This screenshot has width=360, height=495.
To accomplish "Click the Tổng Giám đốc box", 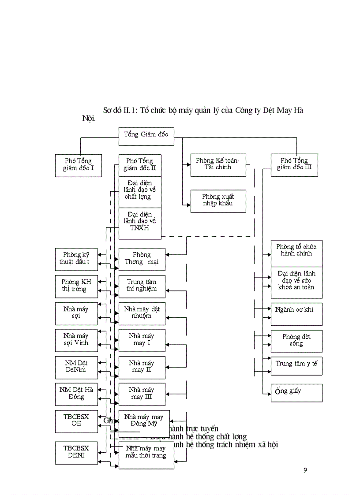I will click(x=146, y=136).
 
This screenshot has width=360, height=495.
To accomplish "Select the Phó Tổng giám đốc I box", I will click(x=79, y=165).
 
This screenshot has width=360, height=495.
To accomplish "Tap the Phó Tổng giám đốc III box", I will click(x=294, y=165).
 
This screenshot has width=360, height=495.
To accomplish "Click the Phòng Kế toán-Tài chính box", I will click(x=218, y=165).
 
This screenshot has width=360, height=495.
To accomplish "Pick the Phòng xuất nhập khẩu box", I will click(x=218, y=201).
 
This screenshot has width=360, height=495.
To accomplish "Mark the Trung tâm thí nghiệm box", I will click(x=142, y=286).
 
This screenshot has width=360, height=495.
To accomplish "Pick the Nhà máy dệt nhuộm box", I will click(x=142, y=313).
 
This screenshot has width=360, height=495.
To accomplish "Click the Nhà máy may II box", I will click(x=142, y=367).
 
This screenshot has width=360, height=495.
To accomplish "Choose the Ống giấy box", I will click(x=296, y=392).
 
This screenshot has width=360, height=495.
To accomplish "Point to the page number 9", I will click(x=305, y=470).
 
